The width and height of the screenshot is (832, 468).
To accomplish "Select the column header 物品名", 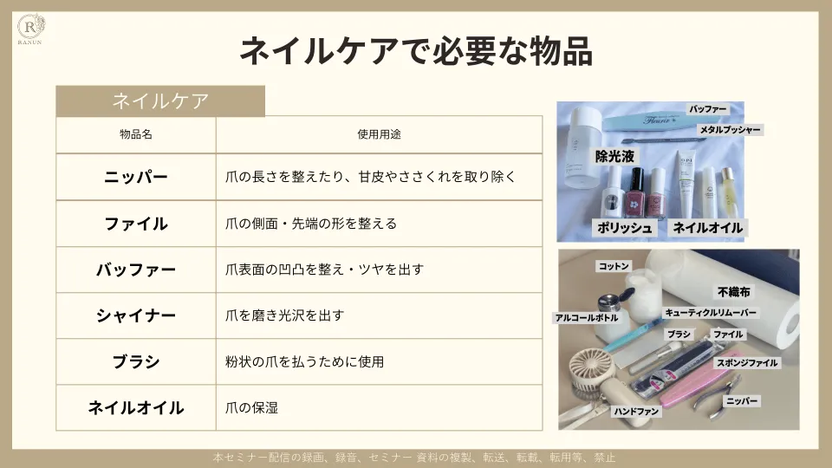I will (135, 135).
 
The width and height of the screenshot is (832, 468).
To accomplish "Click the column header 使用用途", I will (379, 135).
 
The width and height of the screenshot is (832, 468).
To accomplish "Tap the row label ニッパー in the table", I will (135, 177).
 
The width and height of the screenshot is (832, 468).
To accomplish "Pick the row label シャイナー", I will (135, 315).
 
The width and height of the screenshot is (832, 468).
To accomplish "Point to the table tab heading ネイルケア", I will (160, 101).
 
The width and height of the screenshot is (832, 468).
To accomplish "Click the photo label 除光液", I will (614, 157).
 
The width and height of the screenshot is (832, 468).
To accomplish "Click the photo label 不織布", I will (733, 293).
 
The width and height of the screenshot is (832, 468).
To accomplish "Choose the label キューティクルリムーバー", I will (711, 312).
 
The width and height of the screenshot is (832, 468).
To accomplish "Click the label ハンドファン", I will (637, 411).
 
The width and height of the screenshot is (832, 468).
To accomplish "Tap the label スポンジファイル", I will (745, 363).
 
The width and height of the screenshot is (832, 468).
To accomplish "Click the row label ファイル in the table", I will (135, 224).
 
